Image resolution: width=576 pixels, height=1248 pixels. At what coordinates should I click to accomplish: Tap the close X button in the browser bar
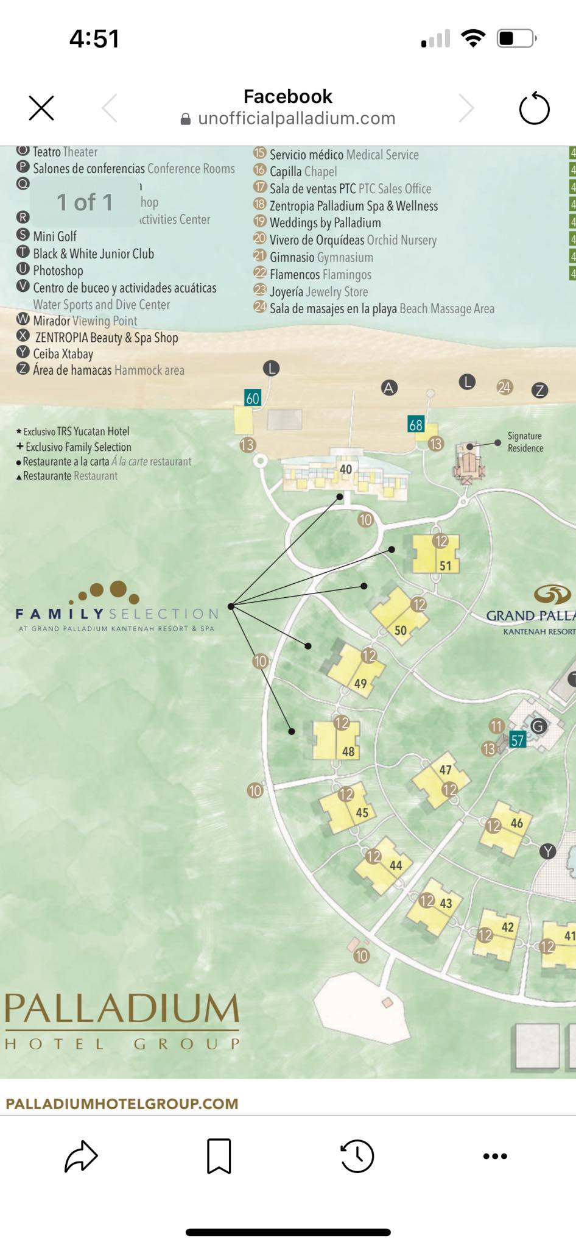[41, 108]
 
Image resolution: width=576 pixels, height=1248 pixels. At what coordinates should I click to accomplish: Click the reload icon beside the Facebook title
[534, 108]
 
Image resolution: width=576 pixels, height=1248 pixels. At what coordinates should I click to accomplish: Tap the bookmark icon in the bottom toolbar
[219, 1155]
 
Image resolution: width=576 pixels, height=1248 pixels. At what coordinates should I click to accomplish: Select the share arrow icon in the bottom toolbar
[81, 1155]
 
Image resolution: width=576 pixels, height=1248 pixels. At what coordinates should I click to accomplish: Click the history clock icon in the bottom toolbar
[357, 1155]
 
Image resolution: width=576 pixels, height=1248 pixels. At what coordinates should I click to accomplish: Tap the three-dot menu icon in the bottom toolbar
[494, 1156]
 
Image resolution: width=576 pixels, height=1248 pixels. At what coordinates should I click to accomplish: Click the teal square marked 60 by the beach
[252, 398]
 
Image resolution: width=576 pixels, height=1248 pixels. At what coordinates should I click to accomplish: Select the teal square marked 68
[416, 425]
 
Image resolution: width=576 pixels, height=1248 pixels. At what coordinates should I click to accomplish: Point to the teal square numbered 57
[517, 740]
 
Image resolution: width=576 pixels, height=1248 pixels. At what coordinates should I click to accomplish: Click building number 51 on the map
[435, 555]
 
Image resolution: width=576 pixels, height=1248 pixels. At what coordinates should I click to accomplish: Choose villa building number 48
[335, 740]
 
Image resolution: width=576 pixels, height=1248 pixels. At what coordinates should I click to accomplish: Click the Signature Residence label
[525, 442]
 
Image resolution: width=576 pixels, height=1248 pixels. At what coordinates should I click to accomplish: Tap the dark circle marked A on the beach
[388, 388]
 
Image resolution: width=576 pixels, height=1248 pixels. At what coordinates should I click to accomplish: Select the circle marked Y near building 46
[547, 851]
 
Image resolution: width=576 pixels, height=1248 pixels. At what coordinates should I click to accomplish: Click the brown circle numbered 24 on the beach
[504, 387]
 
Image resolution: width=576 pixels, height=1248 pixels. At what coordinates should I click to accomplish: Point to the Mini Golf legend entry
[54, 236]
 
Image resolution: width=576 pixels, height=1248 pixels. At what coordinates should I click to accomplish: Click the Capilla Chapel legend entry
[303, 172]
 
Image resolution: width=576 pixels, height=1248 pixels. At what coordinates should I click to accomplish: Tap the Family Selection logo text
[116, 614]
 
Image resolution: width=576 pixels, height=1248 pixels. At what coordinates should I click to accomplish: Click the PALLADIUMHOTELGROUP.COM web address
[122, 1104]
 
